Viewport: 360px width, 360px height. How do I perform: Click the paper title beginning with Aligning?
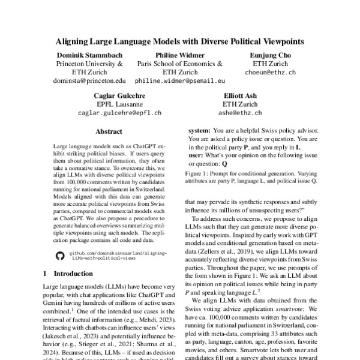pos(180,42)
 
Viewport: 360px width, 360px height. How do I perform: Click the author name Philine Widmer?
pos(179,55)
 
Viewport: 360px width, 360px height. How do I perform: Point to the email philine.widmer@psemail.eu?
pos(179,79)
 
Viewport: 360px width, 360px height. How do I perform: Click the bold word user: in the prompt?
pos(196,155)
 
